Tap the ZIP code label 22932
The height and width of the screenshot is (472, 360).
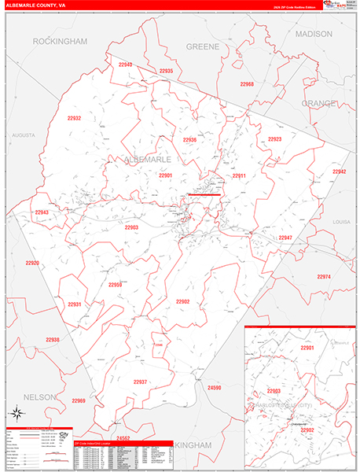tap(75, 118)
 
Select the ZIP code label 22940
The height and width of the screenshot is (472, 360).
tap(126, 65)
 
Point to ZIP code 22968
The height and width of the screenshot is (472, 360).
tap(247, 84)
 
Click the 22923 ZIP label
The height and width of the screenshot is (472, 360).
tap(274, 138)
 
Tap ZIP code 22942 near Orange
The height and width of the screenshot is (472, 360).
tap(339, 171)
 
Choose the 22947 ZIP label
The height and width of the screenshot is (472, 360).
tap(285, 238)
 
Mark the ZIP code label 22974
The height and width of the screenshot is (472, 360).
tap(324, 277)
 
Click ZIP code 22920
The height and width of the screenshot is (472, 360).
tap(31, 263)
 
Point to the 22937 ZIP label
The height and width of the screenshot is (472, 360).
tap(140, 382)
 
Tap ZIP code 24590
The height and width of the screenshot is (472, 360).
tap(215, 388)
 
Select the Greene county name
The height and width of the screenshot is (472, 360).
tap(203, 46)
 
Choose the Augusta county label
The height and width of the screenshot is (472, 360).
tap(24, 135)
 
